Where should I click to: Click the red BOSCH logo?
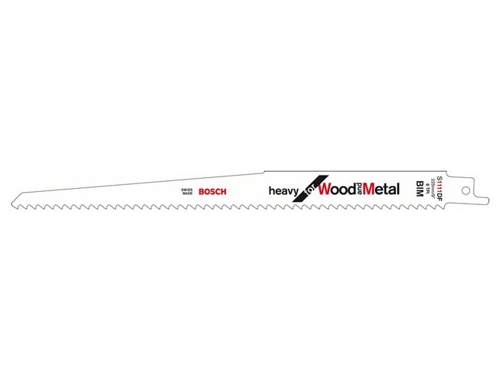coord(211,191)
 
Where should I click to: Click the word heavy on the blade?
coord(284,190)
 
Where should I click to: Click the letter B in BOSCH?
coord(200,191)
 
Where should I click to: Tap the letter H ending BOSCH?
coord(223,191)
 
